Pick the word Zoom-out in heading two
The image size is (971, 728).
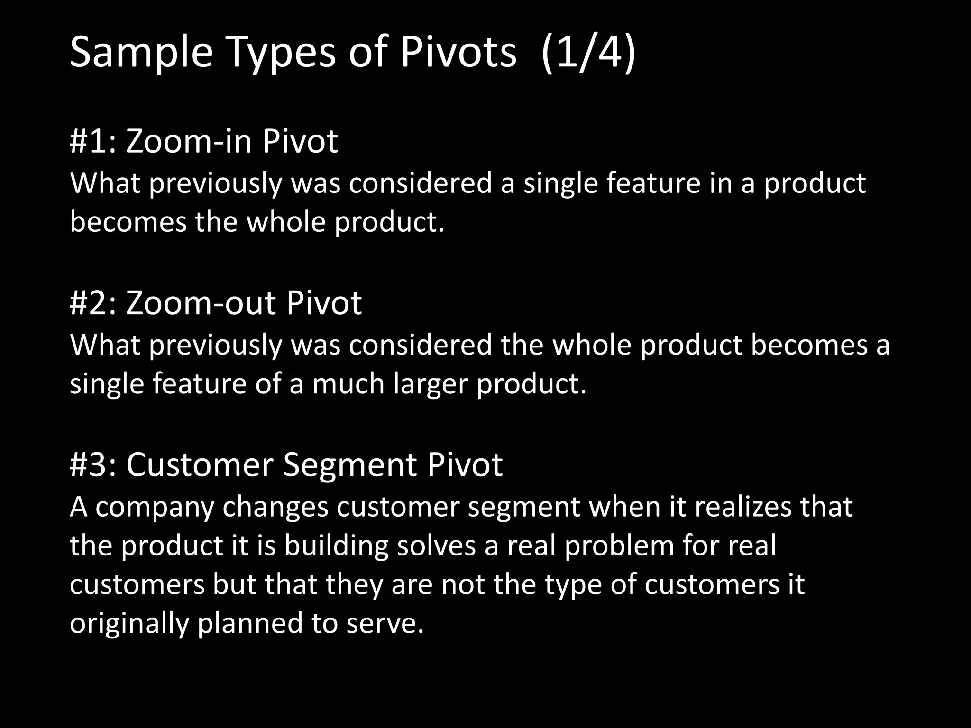(x=201, y=303)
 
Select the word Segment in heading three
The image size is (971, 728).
(x=349, y=465)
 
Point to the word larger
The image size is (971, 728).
(x=431, y=384)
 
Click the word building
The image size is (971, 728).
(x=336, y=546)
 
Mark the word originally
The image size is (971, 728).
(x=129, y=624)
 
